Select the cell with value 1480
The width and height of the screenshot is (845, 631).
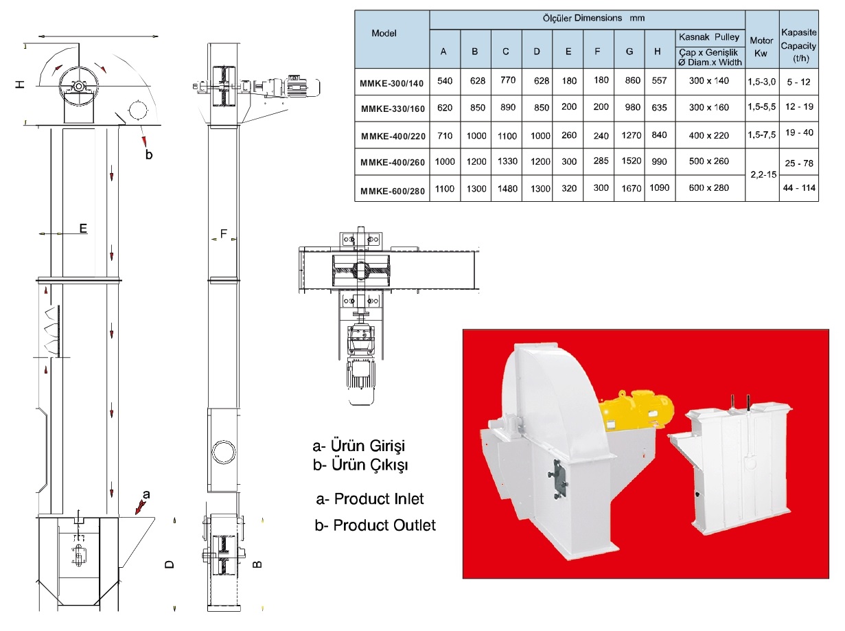pyautogui.click(x=506, y=188)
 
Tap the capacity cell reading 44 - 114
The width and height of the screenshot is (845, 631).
pyautogui.click(x=799, y=187)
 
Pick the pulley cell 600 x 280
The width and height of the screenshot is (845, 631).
pyautogui.click(x=710, y=188)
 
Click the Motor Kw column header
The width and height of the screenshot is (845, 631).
pyautogui.click(x=761, y=46)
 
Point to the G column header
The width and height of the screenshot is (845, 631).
pyautogui.click(x=629, y=51)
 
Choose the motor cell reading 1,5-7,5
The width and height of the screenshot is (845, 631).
pyautogui.click(x=761, y=135)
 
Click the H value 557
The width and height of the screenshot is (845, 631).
pyautogui.click(x=659, y=81)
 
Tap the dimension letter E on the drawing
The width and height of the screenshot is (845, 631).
pyautogui.click(x=83, y=229)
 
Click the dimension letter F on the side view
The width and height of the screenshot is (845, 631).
pyautogui.click(x=223, y=234)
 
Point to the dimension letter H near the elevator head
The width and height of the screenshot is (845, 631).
pyautogui.click(x=21, y=83)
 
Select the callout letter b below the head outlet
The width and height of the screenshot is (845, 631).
pyautogui.click(x=149, y=154)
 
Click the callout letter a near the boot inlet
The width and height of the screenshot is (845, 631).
pyautogui.click(x=146, y=494)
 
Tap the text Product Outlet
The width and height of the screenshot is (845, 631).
pyautogui.click(x=375, y=525)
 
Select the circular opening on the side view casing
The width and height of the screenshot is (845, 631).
pyautogui.click(x=223, y=451)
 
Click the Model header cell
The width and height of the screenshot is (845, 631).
pyautogui.click(x=389, y=32)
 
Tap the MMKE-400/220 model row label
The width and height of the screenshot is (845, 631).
pyautogui.click(x=392, y=135)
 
